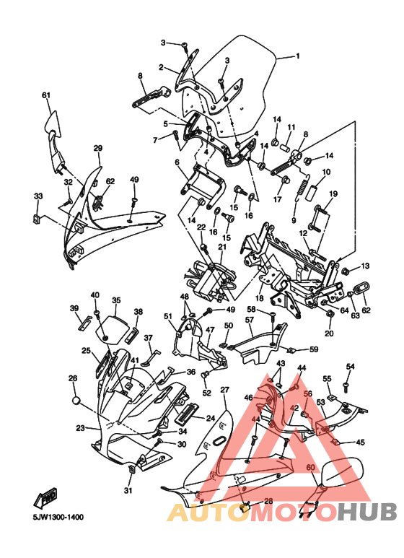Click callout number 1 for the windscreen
pos(297,56)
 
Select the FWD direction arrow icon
pos(48,497)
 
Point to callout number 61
pos(46,95)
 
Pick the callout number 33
pos(38,196)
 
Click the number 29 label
pos(97,148)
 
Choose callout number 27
pos(224,390)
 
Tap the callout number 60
pos(310,467)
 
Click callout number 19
pos(333,193)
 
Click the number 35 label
pos(115,300)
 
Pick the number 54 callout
pos(351,367)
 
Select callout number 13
pos(365,266)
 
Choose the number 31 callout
pos(128,491)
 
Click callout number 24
pos(211,418)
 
